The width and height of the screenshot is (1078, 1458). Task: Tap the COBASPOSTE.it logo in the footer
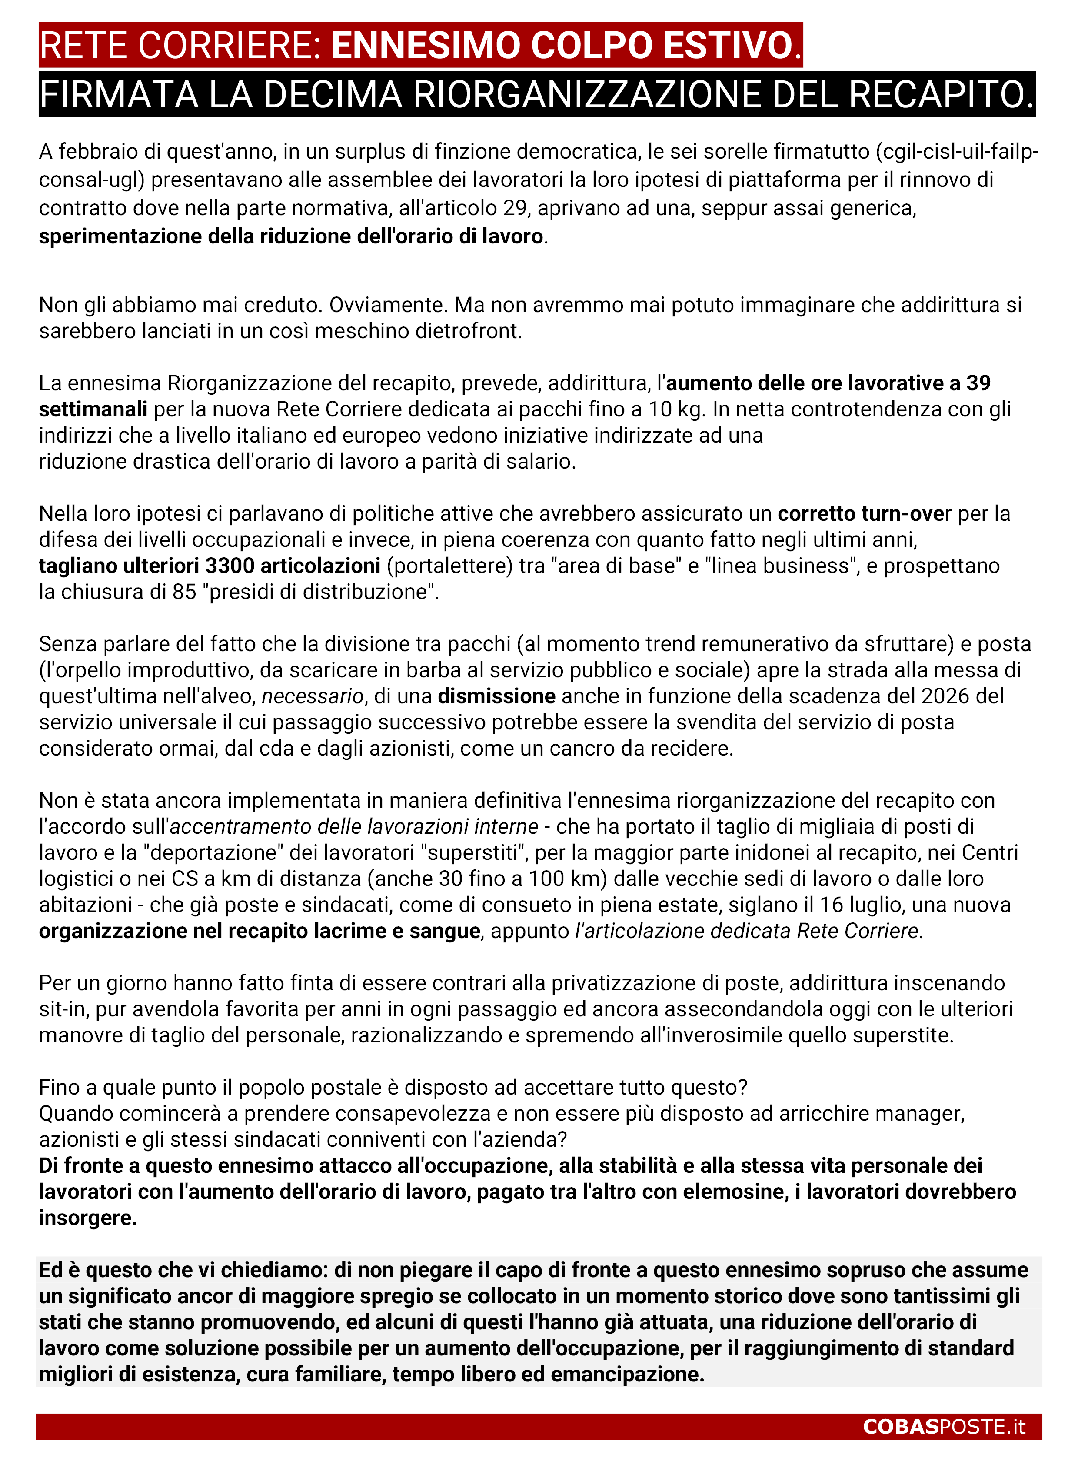944,1427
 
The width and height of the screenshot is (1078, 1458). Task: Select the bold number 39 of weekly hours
978,383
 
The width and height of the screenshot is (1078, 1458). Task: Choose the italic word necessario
312,696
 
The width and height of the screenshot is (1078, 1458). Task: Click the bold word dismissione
496,696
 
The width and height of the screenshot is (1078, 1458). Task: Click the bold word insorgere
87,1218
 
